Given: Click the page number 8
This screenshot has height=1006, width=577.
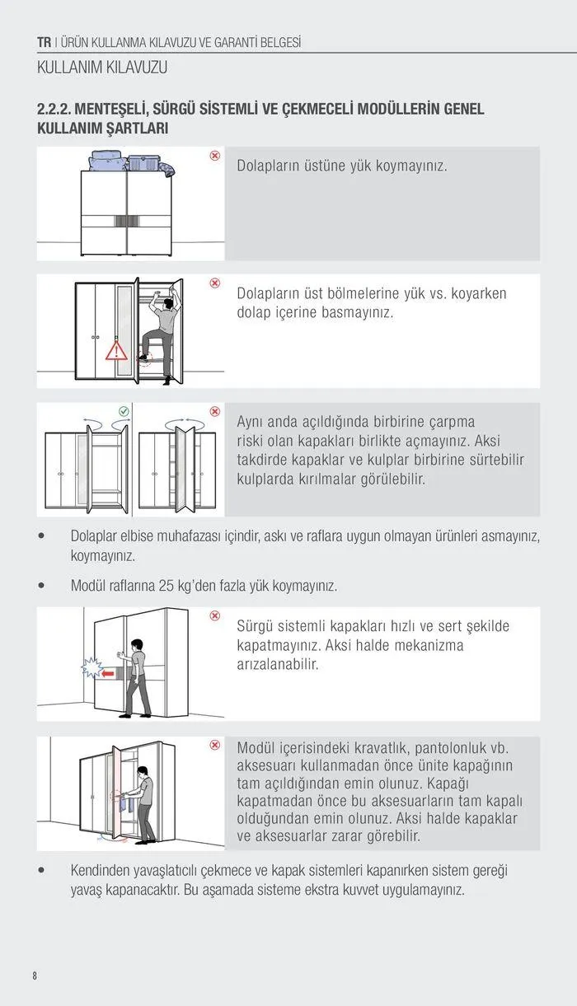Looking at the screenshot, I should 35,976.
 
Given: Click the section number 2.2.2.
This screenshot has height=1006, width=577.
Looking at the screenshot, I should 56,110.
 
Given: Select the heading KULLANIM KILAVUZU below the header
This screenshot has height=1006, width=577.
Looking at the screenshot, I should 102,68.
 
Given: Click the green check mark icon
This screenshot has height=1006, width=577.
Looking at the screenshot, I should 124,410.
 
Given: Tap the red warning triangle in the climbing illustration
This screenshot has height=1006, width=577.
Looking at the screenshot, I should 116,353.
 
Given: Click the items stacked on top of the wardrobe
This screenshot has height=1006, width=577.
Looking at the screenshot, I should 132,161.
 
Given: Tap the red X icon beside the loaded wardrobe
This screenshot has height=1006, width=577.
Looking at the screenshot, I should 214,156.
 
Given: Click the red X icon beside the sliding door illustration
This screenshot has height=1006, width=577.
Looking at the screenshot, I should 214,615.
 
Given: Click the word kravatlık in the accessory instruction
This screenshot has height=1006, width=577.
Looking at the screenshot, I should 383,748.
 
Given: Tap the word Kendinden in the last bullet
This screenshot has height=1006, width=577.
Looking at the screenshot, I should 104,870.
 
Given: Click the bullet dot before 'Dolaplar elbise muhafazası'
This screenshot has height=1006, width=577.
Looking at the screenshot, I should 41,536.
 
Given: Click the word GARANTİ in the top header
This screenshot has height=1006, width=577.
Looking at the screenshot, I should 218,42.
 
